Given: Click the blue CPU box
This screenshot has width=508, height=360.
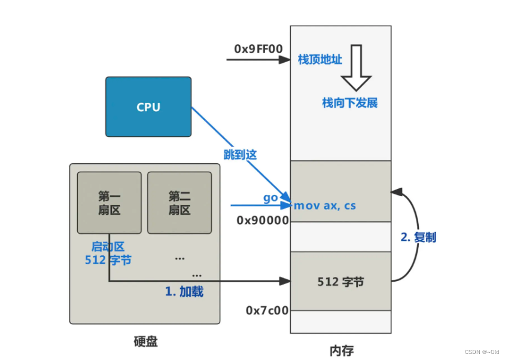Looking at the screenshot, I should (x=148, y=107).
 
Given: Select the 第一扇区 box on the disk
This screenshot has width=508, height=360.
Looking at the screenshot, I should (x=109, y=203).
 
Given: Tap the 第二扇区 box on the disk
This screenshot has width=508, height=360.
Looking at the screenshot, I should (x=179, y=203).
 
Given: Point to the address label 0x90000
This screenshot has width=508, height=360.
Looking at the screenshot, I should (x=263, y=220).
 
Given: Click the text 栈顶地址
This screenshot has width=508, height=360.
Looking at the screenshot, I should (x=320, y=60).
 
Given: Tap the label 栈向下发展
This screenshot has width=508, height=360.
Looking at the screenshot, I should (x=349, y=103).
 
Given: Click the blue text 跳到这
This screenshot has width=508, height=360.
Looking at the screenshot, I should (x=239, y=154).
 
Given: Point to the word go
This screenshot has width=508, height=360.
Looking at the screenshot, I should (x=270, y=197).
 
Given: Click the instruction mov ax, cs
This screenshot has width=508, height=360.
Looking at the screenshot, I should (x=324, y=206).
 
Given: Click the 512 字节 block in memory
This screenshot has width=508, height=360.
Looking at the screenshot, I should (x=340, y=281).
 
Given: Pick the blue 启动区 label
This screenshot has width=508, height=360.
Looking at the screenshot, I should (x=108, y=246).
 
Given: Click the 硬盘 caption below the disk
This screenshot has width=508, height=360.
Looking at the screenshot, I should (x=145, y=341).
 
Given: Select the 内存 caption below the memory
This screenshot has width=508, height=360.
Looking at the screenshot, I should (x=341, y=350).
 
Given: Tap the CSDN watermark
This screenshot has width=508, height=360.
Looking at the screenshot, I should (x=482, y=352).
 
